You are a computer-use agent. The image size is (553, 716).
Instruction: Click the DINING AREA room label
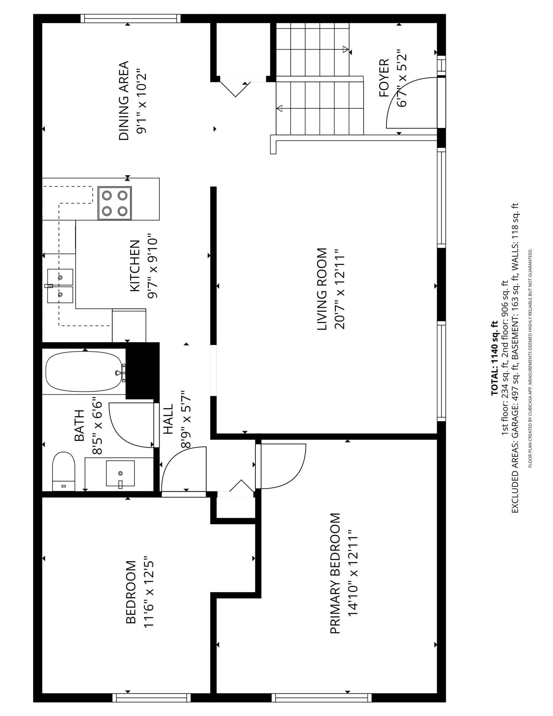point(124,101)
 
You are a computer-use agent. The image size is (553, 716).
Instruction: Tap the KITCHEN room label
point(135,266)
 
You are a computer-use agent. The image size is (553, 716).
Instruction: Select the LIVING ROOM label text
point(322,289)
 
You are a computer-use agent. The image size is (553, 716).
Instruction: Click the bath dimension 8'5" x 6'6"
point(97,427)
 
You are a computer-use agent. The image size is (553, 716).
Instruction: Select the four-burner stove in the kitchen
point(115,203)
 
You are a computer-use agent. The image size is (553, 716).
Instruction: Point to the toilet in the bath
point(63,471)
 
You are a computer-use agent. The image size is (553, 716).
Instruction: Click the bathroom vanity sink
point(120,473)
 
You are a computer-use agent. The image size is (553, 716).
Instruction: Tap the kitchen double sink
point(60,286)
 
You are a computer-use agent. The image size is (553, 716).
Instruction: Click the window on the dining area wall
point(130,18)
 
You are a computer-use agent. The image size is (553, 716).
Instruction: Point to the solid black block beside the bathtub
point(142,370)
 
